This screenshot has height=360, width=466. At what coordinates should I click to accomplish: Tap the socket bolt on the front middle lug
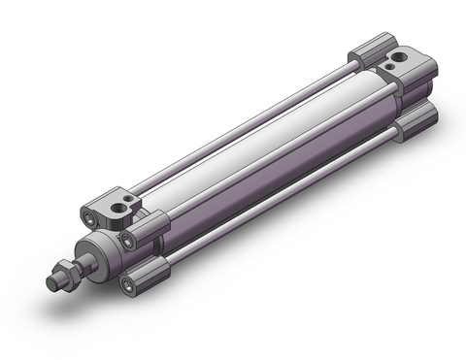(127, 240)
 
